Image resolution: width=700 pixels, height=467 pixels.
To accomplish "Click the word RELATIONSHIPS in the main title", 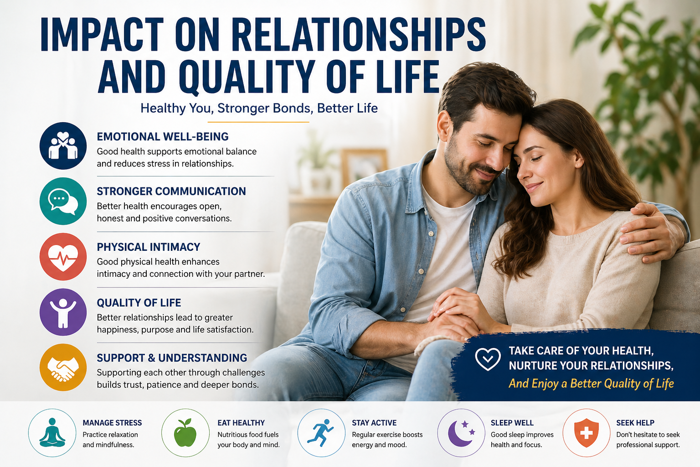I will click(x=358, y=35).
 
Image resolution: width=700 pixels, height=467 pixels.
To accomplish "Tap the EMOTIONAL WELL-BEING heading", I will click(x=163, y=136).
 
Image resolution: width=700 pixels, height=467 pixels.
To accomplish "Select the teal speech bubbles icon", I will click(x=63, y=201).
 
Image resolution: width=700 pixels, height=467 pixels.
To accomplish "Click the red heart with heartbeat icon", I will click(x=63, y=256).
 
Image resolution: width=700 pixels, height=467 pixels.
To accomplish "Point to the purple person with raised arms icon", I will click(x=63, y=312).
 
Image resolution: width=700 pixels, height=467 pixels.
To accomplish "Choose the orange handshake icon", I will click(x=63, y=368).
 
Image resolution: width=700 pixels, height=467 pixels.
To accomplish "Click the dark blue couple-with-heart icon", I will click(x=63, y=146).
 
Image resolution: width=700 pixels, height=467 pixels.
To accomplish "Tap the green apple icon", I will click(x=185, y=433).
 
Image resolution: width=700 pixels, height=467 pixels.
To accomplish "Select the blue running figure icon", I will click(x=321, y=433).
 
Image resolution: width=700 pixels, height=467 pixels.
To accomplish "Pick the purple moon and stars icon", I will click(x=461, y=433).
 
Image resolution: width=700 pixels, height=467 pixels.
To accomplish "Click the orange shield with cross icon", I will click(x=586, y=433).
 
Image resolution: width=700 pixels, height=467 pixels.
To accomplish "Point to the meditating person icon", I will click(x=52, y=433).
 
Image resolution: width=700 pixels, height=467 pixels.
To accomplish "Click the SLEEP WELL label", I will click(x=512, y=423).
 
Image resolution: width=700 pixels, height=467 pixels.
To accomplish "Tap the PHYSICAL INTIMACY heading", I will click(x=149, y=247).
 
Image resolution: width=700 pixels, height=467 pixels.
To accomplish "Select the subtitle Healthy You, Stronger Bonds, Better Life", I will click(x=259, y=108).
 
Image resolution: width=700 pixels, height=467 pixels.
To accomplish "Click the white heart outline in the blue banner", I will click(x=488, y=359).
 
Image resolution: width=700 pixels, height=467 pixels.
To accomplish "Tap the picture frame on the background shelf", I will click(x=364, y=166).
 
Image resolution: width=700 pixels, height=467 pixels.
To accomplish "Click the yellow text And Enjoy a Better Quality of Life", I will click(x=591, y=384).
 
